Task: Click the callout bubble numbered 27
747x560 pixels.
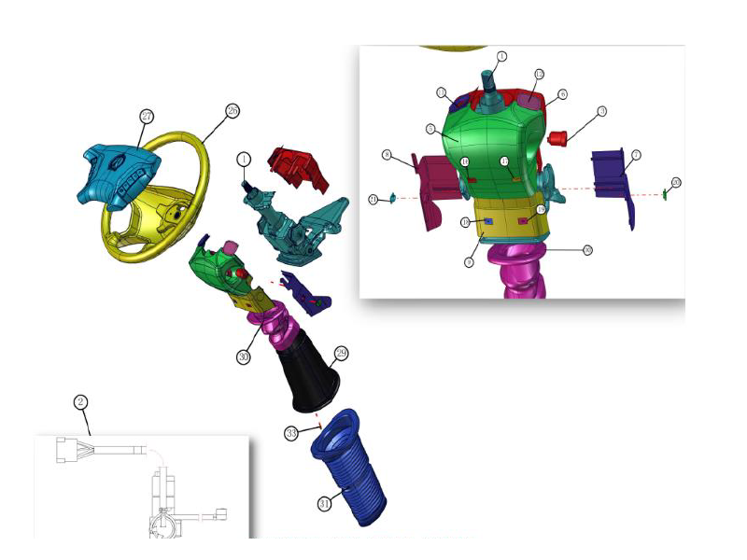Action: (146, 117)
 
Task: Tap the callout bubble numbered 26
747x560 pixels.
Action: (233, 110)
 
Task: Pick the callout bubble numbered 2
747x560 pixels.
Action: (81, 402)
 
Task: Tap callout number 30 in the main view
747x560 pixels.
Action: (244, 356)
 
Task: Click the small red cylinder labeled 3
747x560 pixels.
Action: (561, 139)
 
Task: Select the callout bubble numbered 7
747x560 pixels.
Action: (635, 155)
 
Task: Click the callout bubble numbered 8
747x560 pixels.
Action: (386, 154)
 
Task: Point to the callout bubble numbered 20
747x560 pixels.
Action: (676, 182)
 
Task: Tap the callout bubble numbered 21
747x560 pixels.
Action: (373, 199)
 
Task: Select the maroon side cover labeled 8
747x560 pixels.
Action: (433, 187)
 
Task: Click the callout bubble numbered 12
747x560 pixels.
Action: (539, 74)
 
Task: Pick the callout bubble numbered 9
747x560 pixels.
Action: (469, 263)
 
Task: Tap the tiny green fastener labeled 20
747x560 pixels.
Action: (664, 194)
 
